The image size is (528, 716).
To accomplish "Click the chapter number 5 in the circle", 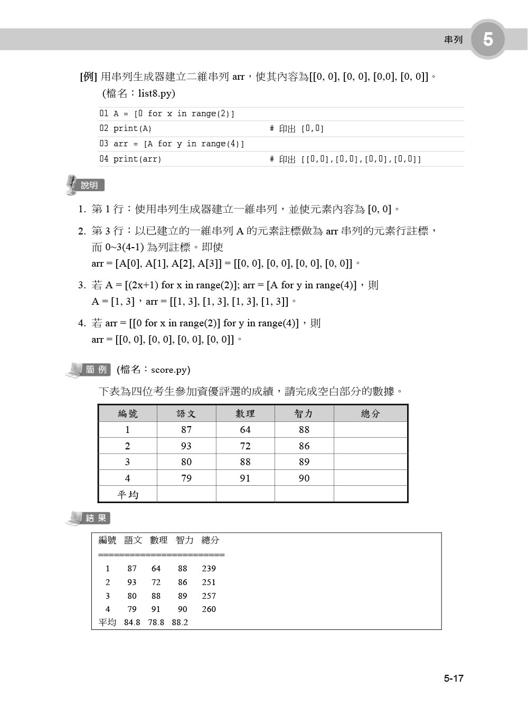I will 488,39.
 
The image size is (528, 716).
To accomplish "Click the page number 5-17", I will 453,679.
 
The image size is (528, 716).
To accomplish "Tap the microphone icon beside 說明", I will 71,185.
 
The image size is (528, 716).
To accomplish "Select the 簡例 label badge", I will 96,370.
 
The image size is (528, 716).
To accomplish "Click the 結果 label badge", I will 96,518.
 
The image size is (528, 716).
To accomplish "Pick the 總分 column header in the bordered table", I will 371,413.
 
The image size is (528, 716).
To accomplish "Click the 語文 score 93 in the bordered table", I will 186,446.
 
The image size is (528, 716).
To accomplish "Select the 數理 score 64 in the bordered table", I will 245,430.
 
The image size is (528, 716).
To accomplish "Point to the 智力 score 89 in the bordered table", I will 304,462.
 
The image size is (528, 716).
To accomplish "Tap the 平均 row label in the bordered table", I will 128,494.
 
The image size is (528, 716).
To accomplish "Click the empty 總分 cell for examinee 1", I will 371,430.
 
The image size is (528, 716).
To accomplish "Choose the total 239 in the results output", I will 209,569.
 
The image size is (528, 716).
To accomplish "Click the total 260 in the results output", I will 209,609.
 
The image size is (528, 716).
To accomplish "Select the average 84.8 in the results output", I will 132,623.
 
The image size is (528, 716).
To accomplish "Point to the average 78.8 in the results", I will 156,623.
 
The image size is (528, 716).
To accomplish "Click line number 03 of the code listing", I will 104,144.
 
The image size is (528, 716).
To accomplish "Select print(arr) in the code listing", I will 137,159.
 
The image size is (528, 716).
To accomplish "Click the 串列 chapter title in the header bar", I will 453,40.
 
